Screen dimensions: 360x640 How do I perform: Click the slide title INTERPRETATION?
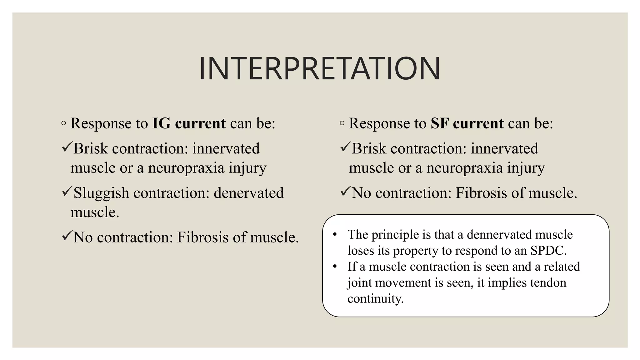pyautogui.click(x=320, y=68)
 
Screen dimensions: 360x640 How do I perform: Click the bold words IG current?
pyautogui.click(x=189, y=123)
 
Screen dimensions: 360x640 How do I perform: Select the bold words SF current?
pyautogui.click(x=467, y=123)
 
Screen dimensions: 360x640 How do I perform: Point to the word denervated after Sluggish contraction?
pyautogui.click(x=248, y=193)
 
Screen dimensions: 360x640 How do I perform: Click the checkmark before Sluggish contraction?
pyautogui.click(x=67, y=191)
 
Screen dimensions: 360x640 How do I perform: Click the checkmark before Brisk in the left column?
pyautogui.click(x=67, y=147)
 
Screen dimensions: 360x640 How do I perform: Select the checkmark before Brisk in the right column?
pyautogui.click(x=345, y=147)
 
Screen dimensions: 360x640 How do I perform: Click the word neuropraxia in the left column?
pyautogui.click(x=186, y=168)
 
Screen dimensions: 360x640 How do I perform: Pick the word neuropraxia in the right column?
pyautogui.click(x=464, y=168)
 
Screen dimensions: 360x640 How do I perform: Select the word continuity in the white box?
pyautogui.click(x=375, y=298)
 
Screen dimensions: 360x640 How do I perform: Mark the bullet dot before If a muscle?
pyautogui.click(x=335, y=267)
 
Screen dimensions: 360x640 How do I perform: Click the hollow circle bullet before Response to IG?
pyautogui.click(x=64, y=123)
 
